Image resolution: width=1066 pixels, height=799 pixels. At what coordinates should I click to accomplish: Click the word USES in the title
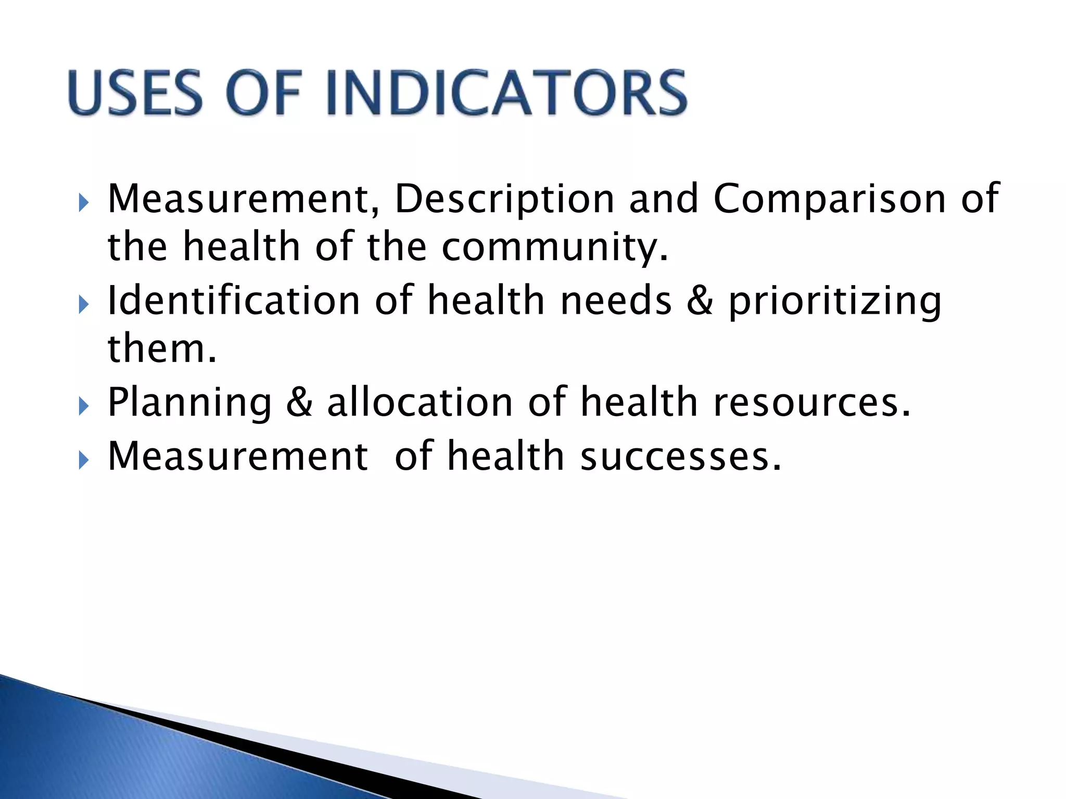[x=135, y=93]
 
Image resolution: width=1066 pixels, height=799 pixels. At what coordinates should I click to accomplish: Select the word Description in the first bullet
[x=504, y=199]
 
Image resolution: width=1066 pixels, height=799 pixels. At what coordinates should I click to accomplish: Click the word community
[x=554, y=247]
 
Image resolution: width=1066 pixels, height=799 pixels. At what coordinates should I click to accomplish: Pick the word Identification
[x=234, y=300]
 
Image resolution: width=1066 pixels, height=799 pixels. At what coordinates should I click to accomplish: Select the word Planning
[x=189, y=403]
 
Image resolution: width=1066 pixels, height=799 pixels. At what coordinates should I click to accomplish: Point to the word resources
[x=811, y=403]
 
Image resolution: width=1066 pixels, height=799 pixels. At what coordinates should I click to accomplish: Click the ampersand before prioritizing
[x=700, y=301]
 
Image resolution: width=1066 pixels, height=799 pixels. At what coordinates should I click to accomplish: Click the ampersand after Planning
[x=299, y=403]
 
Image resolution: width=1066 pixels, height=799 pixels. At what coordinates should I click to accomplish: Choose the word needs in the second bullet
[x=616, y=300]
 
